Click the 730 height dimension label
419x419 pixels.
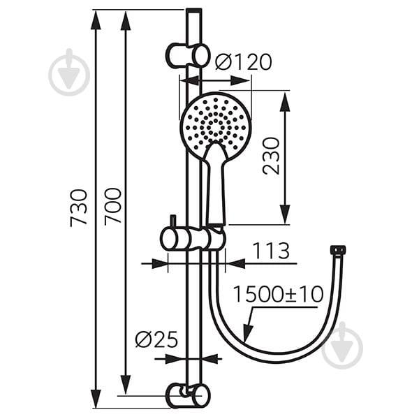pos(79,208)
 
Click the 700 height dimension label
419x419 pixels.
pos(112,207)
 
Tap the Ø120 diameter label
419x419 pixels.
pos(243,62)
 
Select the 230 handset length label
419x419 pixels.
pos(271,156)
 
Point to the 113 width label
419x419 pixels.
pos(271,251)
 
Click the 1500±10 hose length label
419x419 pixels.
pos(279,294)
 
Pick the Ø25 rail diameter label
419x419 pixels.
pos(156,339)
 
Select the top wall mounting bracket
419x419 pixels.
pos(188,56)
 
